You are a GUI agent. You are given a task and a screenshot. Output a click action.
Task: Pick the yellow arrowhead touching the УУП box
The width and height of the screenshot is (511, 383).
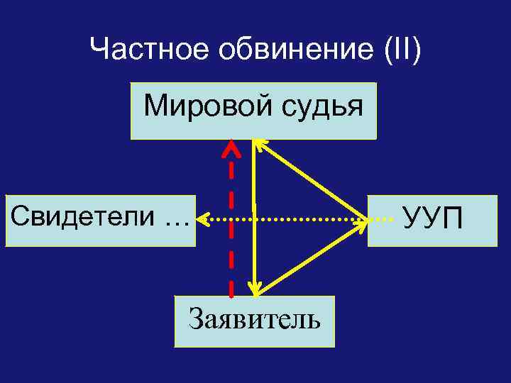361,222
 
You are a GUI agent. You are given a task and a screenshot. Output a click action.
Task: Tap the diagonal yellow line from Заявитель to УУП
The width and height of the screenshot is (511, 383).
312,257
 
